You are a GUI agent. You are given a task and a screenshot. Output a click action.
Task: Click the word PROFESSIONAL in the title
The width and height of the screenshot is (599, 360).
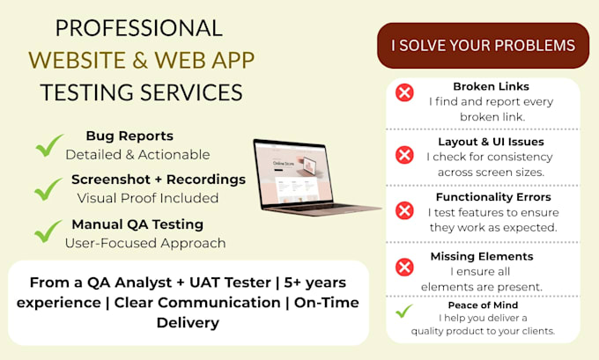139,28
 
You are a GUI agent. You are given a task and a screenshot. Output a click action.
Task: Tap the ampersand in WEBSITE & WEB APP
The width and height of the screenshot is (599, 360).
141,61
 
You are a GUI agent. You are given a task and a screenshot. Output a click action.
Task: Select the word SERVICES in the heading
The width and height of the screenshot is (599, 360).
191,92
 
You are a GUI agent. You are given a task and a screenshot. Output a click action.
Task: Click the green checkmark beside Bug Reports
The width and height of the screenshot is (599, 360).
49,145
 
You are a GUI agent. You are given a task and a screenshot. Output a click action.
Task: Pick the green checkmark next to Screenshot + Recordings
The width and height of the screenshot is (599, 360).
48,189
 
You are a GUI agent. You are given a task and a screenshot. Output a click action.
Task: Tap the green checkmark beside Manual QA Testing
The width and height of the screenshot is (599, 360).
48,231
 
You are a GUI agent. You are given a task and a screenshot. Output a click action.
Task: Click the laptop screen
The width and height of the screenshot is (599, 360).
293,173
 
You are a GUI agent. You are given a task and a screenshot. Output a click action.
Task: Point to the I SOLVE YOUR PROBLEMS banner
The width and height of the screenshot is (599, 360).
483,46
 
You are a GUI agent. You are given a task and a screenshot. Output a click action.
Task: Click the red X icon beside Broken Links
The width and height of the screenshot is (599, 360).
404,92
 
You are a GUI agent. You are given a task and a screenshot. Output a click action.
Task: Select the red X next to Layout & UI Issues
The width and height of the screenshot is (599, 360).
404,155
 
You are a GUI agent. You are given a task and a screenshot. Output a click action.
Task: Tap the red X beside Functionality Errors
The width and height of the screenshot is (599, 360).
404,210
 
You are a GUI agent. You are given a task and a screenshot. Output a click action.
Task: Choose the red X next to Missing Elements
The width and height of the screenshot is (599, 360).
404,267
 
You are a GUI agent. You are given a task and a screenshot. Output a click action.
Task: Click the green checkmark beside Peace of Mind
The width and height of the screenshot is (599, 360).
403,311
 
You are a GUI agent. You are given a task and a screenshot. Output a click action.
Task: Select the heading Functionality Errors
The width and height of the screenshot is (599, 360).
493,197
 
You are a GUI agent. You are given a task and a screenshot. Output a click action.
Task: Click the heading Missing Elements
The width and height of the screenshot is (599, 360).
482,256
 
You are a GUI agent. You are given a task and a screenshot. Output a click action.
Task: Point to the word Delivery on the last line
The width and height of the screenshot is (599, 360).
188,323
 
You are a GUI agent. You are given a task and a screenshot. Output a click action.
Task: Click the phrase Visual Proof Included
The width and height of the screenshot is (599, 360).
148,198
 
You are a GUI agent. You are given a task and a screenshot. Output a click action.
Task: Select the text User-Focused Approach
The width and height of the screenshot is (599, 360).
145,243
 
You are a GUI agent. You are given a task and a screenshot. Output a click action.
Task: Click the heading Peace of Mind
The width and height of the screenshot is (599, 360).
483,305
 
